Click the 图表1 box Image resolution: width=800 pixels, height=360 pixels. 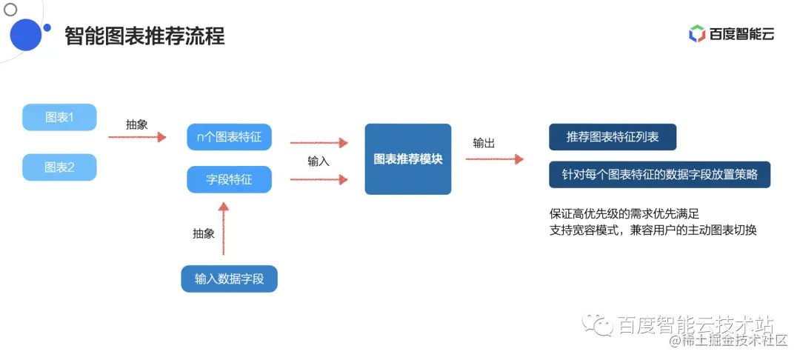coord(59,117)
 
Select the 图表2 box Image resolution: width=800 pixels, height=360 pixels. coord(59,167)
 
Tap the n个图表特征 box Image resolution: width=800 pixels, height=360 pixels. coord(229,137)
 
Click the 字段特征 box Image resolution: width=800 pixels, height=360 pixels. coord(229,179)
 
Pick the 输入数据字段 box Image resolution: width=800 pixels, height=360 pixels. coord(229,279)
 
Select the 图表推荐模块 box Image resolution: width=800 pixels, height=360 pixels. coord(407,159)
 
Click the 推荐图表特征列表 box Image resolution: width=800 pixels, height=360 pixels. coord(612,137)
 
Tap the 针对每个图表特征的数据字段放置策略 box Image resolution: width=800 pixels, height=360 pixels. coord(659,175)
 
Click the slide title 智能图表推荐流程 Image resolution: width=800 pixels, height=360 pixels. coord(144,36)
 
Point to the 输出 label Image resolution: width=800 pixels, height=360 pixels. coord(484,143)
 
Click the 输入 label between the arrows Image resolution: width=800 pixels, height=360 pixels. coord(319,161)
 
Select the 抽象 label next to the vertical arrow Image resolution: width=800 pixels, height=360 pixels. coord(204,233)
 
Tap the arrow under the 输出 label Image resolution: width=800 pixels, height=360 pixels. coord(494,159)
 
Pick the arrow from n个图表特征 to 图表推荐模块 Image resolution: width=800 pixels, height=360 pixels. coord(319,142)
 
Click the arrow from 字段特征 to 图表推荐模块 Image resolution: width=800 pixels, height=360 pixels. coord(319,179)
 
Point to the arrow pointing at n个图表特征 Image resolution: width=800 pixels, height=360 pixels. coord(137,137)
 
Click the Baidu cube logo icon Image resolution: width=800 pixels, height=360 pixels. coord(696,33)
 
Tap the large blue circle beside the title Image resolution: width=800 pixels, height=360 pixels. coord(25,34)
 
